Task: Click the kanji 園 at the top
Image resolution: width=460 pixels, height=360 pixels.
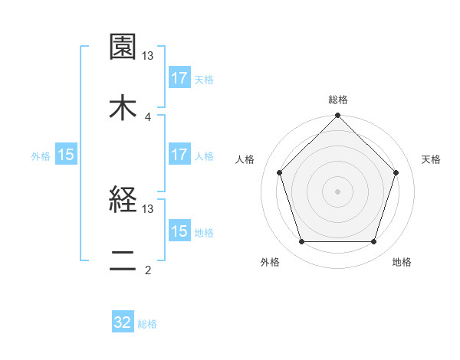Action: click(123, 47)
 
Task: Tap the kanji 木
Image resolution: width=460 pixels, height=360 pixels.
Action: click(123, 108)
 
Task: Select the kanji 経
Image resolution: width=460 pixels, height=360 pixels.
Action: click(123, 201)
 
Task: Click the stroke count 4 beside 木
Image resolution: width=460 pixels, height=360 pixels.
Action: click(148, 117)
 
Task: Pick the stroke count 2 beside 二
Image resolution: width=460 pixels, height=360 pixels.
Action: click(148, 270)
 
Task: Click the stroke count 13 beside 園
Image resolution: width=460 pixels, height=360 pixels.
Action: click(148, 56)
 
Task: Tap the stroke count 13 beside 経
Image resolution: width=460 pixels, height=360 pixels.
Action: click(148, 208)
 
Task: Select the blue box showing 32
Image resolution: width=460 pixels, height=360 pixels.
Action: click(123, 322)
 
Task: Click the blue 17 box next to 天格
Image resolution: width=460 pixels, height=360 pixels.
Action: click(179, 78)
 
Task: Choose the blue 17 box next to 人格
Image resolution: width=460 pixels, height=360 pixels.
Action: click(179, 155)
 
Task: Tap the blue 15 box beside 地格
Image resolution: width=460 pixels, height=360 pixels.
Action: click(179, 231)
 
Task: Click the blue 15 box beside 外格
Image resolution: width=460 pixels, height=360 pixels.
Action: click(66, 155)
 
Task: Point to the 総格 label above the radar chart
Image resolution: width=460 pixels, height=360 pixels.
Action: click(338, 100)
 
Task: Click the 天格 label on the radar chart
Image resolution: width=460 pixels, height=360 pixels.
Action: click(432, 159)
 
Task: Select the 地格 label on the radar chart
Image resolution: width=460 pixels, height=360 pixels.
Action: click(402, 262)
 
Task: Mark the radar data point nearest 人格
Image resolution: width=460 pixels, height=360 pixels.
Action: click(280, 172)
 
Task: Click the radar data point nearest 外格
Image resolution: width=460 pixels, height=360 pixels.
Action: click(301, 242)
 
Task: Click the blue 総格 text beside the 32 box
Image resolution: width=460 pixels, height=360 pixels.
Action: click(147, 324)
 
